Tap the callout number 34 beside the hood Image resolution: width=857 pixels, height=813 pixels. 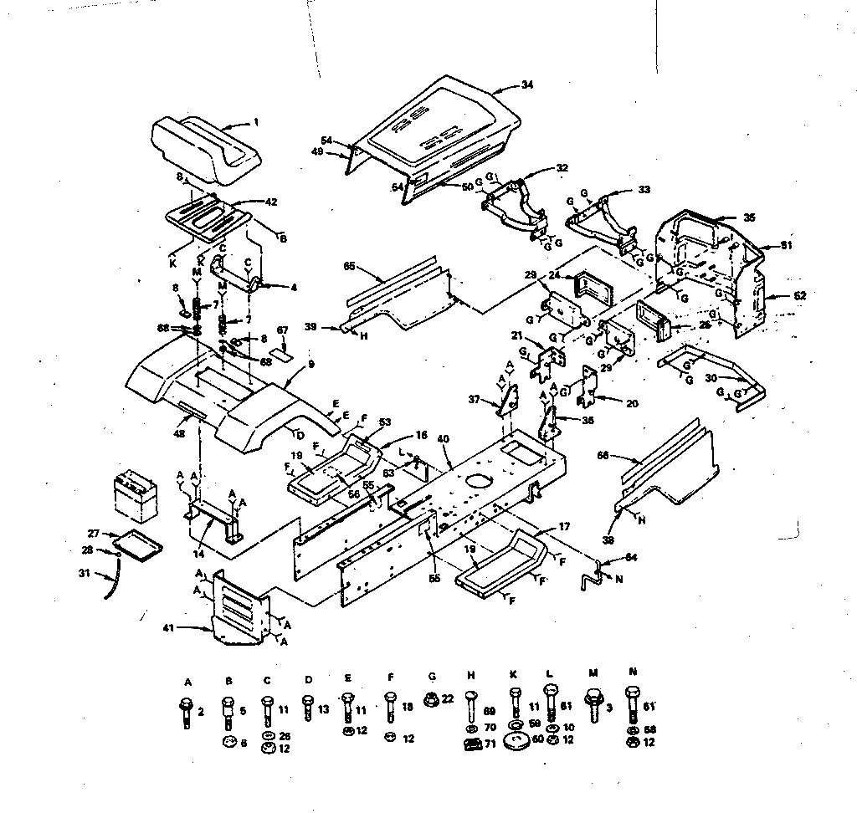tap(526, 84)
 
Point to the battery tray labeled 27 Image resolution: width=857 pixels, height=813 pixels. tap(138, 542)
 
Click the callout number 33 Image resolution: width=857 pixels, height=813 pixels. tap(643, 190)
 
